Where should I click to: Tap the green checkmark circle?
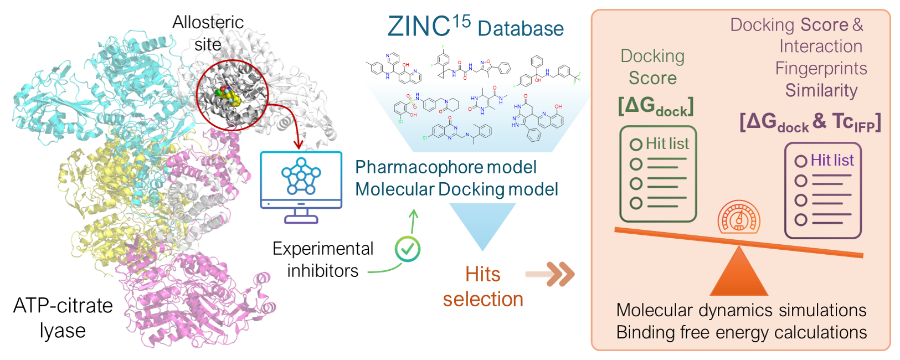click(x=408, y=249)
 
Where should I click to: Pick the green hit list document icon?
click(x=657, y=174)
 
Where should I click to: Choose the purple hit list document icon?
click(x=822, y=191)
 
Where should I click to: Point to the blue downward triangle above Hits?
click(x=482, y=224)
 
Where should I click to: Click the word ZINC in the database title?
click(x=419, y=27)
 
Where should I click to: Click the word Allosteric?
click(x=208, y=22)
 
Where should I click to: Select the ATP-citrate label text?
click(x=63, y=306)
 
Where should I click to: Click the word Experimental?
click(x=323, y=249)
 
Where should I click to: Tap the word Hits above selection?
click(x=482, y=275)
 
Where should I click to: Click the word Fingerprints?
click(x=821, y=68)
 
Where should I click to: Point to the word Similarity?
click(x=821, y=90)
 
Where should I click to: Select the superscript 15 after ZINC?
click(x=461, y=21)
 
